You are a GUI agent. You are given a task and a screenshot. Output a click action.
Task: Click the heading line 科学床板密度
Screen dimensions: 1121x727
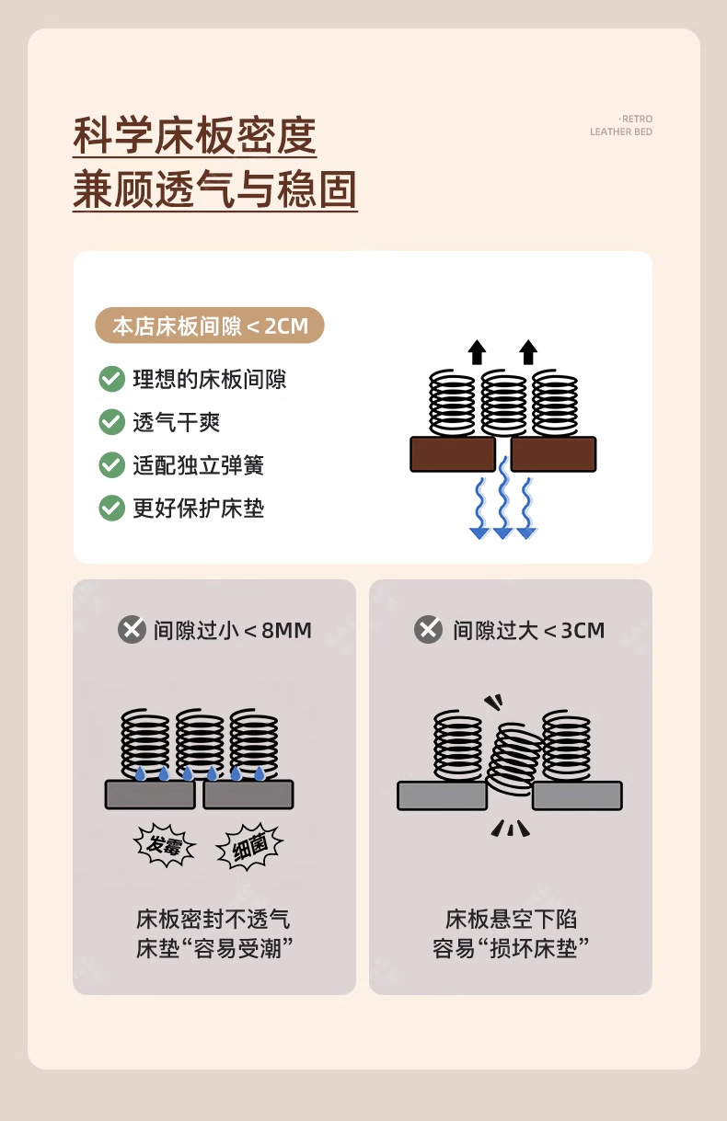pyautogui.click(x=194, y=137)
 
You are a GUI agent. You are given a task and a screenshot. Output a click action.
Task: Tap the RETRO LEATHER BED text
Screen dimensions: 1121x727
pyautogui.click(x=621, y=126)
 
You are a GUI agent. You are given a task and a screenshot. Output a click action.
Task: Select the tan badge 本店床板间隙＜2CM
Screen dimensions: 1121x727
pyautogui.click(x=210, y=326)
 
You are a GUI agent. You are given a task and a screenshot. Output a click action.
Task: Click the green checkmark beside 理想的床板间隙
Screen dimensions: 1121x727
pyautogui.click(x=111, y=379)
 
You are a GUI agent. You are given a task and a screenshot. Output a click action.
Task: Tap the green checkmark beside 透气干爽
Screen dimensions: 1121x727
pyautogui.click(x=111, y=422)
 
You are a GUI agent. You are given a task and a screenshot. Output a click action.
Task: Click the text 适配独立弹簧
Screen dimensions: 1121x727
pyautogui.click(x=198, y=465)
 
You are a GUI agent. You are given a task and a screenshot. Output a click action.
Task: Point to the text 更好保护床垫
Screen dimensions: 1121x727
pyautogui.click(x=198, y=509)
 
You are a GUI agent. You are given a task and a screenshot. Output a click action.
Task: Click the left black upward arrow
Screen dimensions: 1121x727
pyautogui.click(x=476, y=352)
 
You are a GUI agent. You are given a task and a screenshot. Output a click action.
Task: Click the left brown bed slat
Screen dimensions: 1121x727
pyautogui.click(x=453, y=454)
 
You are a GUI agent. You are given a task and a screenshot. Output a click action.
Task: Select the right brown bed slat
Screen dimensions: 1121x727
pyautogui.click(x=553, y=454)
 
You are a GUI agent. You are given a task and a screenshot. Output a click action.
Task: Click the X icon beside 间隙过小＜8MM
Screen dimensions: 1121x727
pyautogui.click(x=133, y=630)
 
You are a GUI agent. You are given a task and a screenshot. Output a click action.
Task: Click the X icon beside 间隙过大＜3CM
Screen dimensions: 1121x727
pyautogui.click(x=428, y=630)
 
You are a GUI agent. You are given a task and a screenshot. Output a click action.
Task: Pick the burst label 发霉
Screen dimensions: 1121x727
pyautogui.click(x=165, y=845)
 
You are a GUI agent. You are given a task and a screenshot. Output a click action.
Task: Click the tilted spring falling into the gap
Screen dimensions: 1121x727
pyautogui.click(x=515, y=757)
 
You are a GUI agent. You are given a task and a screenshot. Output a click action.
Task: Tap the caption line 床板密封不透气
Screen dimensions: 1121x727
pyautogui.click(x=213, y=919)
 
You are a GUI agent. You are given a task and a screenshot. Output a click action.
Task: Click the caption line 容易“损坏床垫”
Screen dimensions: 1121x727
pyautogui.click(x=511, y=948)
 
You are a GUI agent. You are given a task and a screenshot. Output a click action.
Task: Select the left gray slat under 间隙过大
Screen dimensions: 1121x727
pyautogui.click(x=442, y=795)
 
